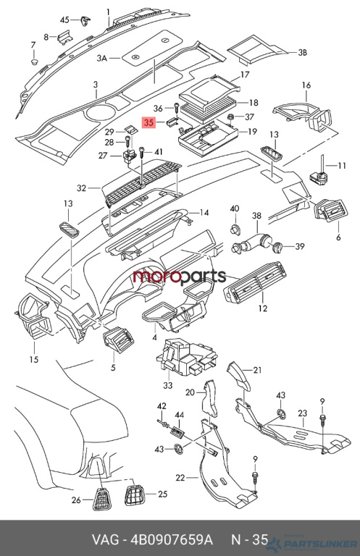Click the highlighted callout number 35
(148, 122)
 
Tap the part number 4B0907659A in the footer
(172, 539)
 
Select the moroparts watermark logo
(179, 277)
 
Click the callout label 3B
(302, 53)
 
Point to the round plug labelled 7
(34, 62)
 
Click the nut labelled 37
(230, 117)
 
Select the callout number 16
(306, 85)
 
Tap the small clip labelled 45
(85, 20)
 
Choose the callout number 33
(168, 384)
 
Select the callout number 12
(263, 308)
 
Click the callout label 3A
(102, 58)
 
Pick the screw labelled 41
(142, 153)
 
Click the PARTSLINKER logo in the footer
(311, 543)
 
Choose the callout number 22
(180, 478)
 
